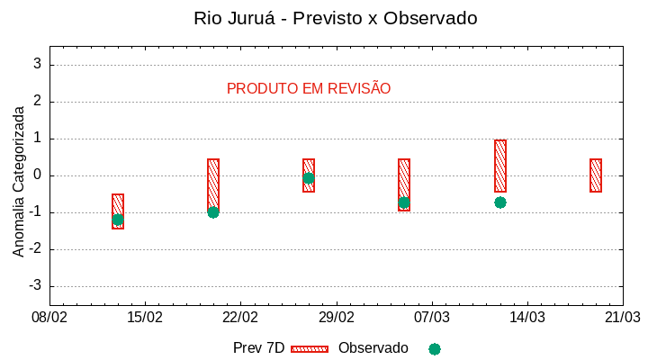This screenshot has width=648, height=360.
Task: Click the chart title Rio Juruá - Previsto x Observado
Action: pyautogui.click(x=335, y=18)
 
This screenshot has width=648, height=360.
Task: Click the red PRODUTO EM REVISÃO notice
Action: pyautogui.click(x=309, y=88)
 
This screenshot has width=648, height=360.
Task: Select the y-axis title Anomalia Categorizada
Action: pyautogui.click(x=19, y=181)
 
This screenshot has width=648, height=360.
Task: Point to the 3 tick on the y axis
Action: pyautogui.click(x=37, y=65)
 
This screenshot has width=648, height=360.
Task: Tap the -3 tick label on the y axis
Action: pyautogui.click(x=35, y=286)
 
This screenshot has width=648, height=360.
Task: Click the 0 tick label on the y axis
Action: pyautogui.click(x=37, y=175)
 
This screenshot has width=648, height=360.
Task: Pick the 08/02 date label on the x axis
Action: pyautogui.click(x=49, y=318)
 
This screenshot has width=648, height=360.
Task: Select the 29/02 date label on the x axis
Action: pyautogui.click(x=336, y=318)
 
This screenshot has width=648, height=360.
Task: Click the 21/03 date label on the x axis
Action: pyautogui.click(x=622, y=318)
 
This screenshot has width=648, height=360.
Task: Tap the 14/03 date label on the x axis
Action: pyautogui.click(x=526, y=318)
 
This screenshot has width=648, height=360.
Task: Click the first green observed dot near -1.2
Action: pyautogui.click(x=118, y=220)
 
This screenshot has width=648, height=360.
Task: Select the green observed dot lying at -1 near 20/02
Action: pyautogui.click(x=213, y=212)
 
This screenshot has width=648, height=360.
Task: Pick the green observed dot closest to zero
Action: pyautogui.click(x=309, y=178)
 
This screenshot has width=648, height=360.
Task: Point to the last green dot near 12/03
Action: pyautogui.click(x=500, y=202)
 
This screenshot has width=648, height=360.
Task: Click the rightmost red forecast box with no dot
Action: pyautogui.click(x=596, y=175)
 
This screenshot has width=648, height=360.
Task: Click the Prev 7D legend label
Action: pyautogui.click(x=258, y=348)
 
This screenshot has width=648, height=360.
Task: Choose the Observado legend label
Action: pyautogui.click(x=373, y=348)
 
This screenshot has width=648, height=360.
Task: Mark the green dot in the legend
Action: pyautogui.click(x=435, y=349)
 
